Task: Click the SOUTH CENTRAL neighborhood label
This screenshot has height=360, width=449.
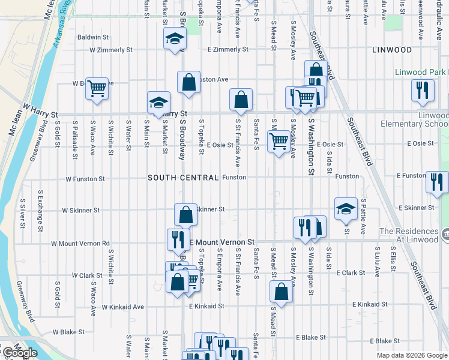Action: pyautogui.click(x=183, y=178)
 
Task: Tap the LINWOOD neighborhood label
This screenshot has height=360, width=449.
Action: pyautogui.click(x=391, y=50)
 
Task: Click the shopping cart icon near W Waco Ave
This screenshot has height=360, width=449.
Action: pyautogui.click(x=96, y=88)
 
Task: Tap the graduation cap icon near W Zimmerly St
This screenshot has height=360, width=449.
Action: pyautogui.click(x=175, y=39)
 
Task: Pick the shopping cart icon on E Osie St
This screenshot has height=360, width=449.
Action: pyautogui.click(x=279, y=142)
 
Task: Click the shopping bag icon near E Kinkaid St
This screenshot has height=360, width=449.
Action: pyautogui.click(x=282, y=292)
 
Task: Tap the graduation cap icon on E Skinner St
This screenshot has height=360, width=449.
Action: pyautogui.click(x=346, y=208)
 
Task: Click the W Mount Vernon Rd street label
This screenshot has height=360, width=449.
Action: pyautogui.click(x=80, y=244)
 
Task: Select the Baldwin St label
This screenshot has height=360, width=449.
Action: pyautogui.click(x=92, y=37)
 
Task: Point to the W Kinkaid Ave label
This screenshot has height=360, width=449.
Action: pyautogui.click(x=122, y=307)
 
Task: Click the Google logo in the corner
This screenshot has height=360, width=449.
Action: pyautogui.click(x=19, y=353)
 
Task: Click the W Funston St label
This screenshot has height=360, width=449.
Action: pyautogui.click(x=85, y=179)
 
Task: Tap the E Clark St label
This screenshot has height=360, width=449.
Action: pyautogui.click(x=351, y=272)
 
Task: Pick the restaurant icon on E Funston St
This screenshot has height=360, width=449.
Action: pyautogui.click(x=436, y=181)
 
